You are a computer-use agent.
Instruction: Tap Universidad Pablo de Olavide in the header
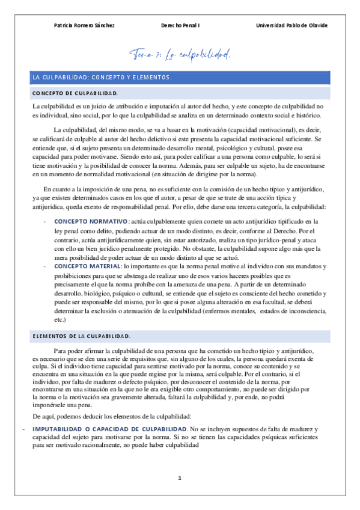[x=291, y=25]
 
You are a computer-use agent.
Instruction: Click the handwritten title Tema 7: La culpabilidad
[x=180, y=55]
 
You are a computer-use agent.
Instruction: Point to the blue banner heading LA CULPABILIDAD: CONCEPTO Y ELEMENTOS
[x=102, y=78]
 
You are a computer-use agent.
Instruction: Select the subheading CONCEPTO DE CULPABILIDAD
[x=75, y=94]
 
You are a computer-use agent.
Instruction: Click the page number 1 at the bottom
[x=180, y=478]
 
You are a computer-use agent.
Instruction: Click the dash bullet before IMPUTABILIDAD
[x=23, y=428]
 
